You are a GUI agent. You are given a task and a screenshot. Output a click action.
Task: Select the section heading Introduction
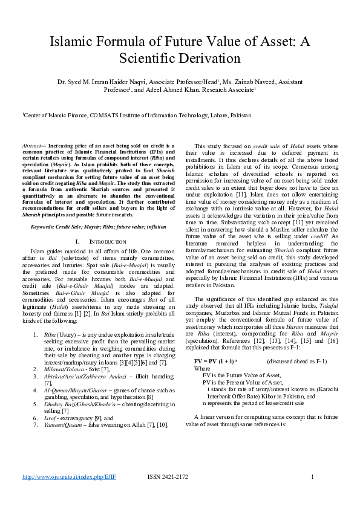click(x=93, y=241)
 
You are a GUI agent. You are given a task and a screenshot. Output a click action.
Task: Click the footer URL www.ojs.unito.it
click(x=69, y=494)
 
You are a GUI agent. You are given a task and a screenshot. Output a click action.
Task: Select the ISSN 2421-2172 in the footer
click(x=170, y=494)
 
